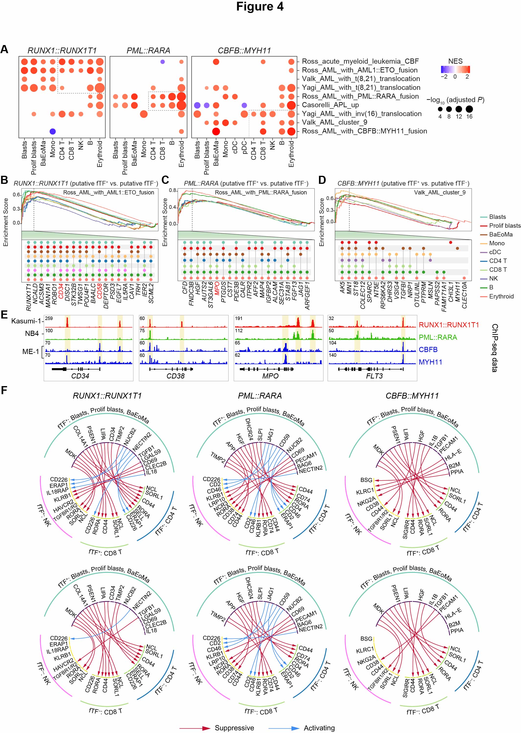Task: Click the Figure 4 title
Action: (260, 7)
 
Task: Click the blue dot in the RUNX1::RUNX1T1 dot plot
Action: (53, 131)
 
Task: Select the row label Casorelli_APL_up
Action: (330, 105)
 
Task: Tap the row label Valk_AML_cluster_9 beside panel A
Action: (334, 122)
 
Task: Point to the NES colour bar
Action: (455, 69)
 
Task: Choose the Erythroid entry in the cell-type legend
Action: (501, 296)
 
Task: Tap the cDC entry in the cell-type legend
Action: (495, 252)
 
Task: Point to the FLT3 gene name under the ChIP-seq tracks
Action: (374, 376)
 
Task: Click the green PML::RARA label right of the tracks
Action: (438, 337)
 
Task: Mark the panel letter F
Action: (4, 390)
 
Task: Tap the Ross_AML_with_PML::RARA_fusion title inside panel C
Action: (260, 193)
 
